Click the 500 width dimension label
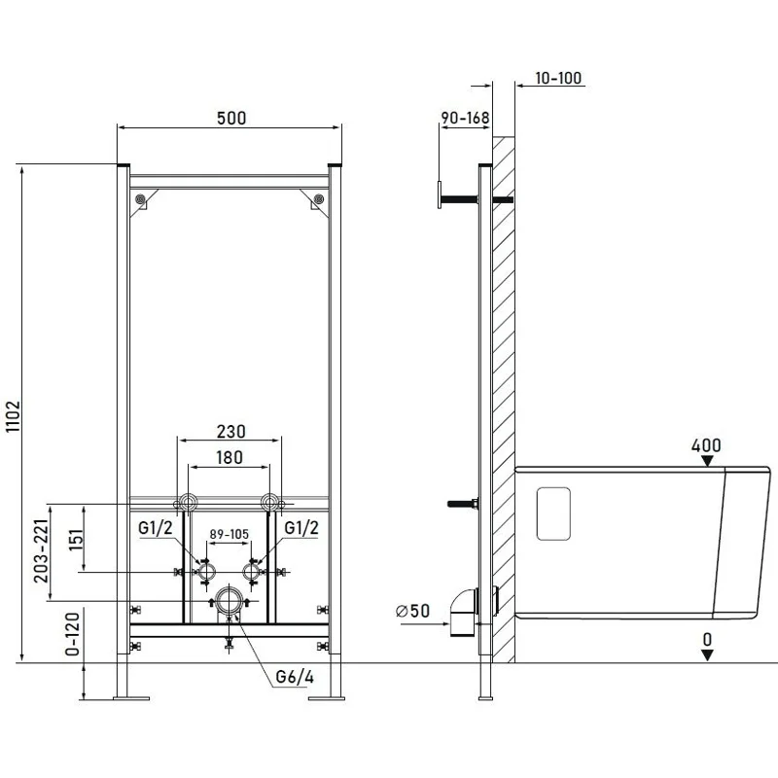231,118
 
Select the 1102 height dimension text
14,416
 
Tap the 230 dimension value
230,432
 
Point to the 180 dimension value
229,457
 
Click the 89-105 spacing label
229,534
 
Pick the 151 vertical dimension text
76,541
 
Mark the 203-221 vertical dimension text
42,550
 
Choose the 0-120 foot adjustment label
72,634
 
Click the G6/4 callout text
295,677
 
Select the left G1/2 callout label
156,528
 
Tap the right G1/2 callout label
301,528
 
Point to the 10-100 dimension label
558,78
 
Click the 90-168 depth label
465,118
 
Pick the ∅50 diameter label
412,611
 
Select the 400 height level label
706,445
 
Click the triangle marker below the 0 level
707,654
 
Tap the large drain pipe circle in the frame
229,600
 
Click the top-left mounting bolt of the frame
141,199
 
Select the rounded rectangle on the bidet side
553,513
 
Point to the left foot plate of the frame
131,698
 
